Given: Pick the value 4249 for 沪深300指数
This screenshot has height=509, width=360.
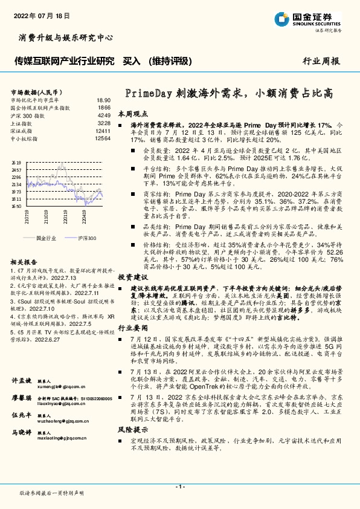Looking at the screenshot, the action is coord(103,115).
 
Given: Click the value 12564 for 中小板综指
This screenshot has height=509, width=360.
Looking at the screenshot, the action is coord(103,138).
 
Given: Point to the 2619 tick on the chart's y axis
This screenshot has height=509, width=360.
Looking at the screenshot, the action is coord(16,163).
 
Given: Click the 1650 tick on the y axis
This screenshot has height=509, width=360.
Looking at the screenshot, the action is coord(16,206).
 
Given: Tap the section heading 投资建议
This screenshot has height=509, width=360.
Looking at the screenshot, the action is coord(132,293).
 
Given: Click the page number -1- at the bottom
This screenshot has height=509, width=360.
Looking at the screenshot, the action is coord(179,487).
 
